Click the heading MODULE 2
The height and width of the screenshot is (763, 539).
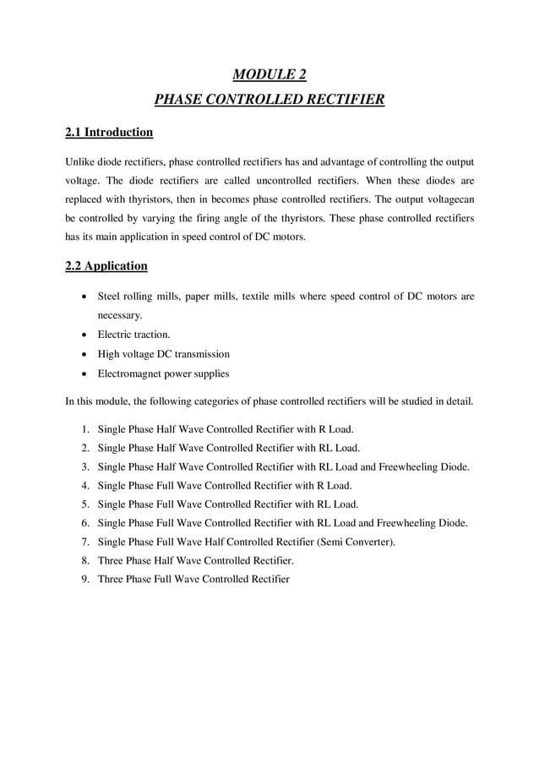[x=269, y=74]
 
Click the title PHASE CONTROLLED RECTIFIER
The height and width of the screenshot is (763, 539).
[x=269, y=101]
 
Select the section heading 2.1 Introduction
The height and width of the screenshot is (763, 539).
[x=109, y=132]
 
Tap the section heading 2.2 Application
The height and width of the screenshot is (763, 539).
[x=106, y=265]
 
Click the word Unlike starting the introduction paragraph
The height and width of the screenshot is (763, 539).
[x=81, y=161]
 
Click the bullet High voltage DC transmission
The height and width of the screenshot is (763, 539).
[x=163, y=354]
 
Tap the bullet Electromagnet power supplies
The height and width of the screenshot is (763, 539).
[x=163, y=373]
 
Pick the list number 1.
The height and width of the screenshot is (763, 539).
[x=86, y=428]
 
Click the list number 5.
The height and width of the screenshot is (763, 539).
[x=86, y=504]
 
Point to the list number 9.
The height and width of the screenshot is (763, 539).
[x=86, y=579]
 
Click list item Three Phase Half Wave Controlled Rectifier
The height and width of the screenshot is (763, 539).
[x=195, y=560]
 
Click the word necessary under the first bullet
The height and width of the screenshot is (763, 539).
[x=119, y=315]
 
